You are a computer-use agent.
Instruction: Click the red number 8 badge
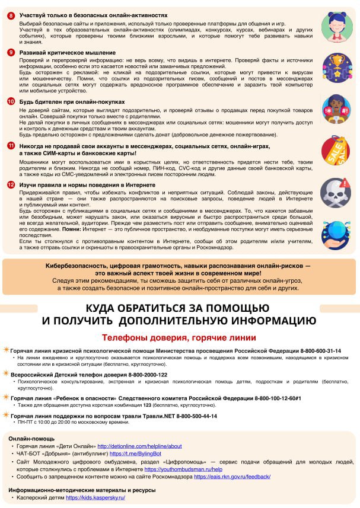[11, 15]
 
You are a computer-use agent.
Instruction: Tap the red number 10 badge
[11, 102]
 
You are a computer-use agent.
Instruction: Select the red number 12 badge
[11, 184]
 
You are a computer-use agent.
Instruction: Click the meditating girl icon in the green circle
[336, 25]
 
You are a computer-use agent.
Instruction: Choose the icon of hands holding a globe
[336, 235]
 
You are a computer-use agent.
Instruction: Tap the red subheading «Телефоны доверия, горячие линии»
[179, 338]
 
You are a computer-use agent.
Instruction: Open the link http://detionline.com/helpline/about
[139, 446]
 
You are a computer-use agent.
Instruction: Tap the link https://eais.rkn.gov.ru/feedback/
[232, 477]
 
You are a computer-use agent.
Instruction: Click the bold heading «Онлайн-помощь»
[31, 437]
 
